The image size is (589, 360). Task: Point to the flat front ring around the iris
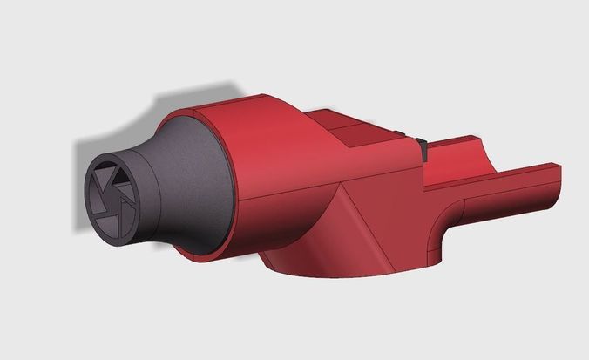coord(94,209)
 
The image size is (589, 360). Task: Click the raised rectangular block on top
coord(366,131)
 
